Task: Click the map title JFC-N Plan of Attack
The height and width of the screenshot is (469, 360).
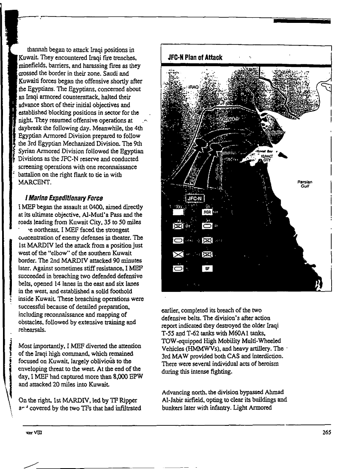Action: coord(195,57)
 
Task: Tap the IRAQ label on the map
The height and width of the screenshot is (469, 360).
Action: coord(194,87)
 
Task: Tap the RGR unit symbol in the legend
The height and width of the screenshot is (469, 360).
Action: coord(207,212)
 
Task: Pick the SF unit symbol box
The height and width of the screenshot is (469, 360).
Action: coord(207,268)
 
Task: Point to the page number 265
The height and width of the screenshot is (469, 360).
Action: coord(326,433)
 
